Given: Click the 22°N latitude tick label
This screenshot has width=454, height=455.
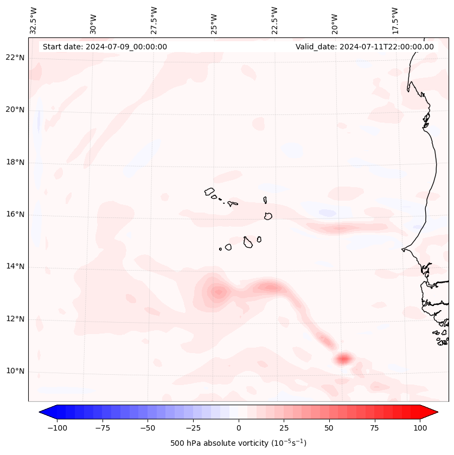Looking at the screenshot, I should pyautogui.click(x=15, y=58).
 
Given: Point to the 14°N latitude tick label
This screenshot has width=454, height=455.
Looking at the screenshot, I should pyautogui.click(x=15, y=267).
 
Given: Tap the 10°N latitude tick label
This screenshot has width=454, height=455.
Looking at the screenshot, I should pyautogui.click(x=15, y=371).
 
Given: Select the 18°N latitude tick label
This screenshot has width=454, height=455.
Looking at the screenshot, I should pyautogui.click(x=15, y=162).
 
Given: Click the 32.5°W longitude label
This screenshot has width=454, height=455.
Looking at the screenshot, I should pyautogui.click(x=34, y=21).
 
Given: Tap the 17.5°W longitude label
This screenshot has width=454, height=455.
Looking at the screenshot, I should pyautogui.click(x=395, y=21).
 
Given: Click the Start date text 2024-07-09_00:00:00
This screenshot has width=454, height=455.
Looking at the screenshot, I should pyautogui.click(x=105, y=47).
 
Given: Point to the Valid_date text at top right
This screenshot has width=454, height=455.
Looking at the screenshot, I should pyautogui.click(x=365, y=47).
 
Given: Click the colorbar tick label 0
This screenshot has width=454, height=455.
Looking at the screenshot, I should pyautogui.click(x=239, y=428).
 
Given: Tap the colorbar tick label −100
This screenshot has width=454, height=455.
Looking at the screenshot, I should pyautogui.click(x=57, y=428).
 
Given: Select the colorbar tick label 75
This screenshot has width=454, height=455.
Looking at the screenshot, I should pyautogui.click(x=374, y=428).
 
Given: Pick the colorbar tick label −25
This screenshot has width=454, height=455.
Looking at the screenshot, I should pyautogui.click(x=193, y=428).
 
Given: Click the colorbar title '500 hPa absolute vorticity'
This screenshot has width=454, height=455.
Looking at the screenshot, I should pyautogui.click(x=238, y=443).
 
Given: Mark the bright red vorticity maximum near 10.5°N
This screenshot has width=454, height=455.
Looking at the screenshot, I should pyautogui.click(x=343, y=358).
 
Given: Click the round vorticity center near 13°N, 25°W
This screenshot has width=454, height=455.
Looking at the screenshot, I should pyautogui.click(x=218, y=292).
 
